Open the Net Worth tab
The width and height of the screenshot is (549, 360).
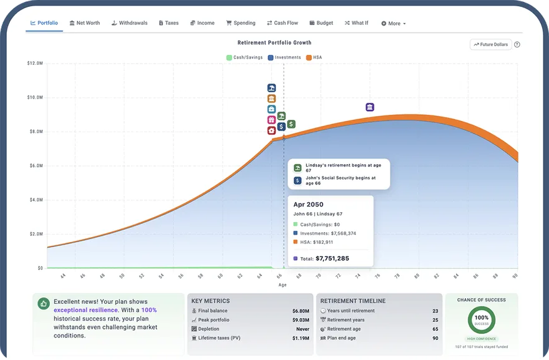84,23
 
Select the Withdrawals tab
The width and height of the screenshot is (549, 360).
129,23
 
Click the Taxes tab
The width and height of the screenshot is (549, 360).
168,23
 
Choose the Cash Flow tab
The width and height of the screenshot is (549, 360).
282,23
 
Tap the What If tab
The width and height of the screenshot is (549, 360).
356,23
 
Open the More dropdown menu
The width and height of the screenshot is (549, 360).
393,24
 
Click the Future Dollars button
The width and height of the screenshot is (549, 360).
490,44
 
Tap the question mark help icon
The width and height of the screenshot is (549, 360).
517,44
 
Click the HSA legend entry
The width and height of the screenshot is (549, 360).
314,57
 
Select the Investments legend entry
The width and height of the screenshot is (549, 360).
284,57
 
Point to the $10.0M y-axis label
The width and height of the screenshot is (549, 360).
35,97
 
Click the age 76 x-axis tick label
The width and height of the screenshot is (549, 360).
377,276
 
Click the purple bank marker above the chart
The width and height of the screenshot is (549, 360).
370,107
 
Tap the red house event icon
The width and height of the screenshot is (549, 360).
271,130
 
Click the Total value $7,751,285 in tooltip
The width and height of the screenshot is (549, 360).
333,258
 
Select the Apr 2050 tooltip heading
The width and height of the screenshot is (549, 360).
308,205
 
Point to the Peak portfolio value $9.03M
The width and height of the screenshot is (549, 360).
301,320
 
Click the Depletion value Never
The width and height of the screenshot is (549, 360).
303,329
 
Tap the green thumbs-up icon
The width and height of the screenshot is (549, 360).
44,304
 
